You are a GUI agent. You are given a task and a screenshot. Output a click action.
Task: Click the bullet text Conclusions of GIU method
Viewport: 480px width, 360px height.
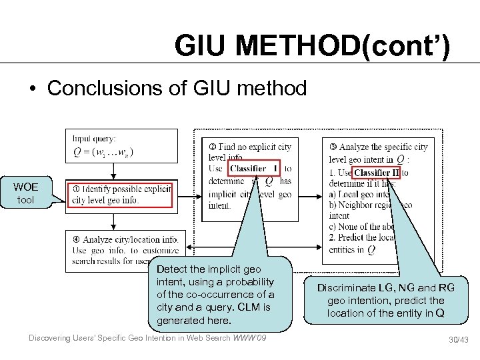(177, 87)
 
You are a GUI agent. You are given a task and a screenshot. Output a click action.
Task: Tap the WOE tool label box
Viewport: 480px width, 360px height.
(26, 192)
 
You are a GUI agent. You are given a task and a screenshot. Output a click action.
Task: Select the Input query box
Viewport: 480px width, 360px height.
(122, 145)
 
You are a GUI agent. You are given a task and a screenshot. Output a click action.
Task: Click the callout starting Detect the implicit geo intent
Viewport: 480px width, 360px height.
(215, 294)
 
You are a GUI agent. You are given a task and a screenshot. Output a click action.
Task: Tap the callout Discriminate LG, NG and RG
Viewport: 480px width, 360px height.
(385, 300)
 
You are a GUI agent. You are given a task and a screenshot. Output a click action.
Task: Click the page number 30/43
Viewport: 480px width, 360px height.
(458, 340)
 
